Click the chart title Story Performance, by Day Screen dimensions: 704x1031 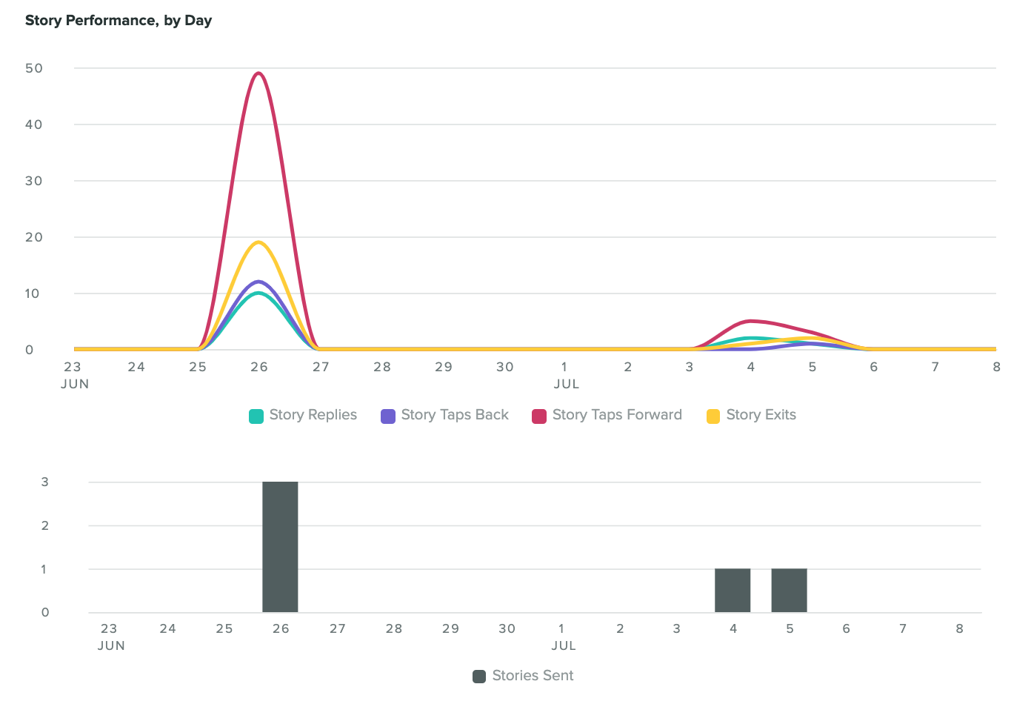click(x=119, y=21)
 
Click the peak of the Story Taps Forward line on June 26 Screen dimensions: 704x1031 click(x=258, y=73)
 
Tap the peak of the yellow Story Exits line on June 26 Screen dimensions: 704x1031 click(x=258, y=242)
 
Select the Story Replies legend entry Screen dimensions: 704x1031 click(x=304, y=415)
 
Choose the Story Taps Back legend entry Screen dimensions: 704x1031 click(x=445, y=415)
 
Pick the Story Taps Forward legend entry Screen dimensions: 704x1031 click(x=607, y=415)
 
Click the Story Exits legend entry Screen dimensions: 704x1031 click(x=752, y=415)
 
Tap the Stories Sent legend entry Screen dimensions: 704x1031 click(x=524, y=676)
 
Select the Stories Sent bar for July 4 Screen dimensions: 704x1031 click(x=733, y=591)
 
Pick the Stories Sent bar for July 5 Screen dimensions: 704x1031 click(x=789, y=591)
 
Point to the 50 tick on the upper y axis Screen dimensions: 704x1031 click(x=34, y=68)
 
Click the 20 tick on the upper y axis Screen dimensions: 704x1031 click(x=34, y=237)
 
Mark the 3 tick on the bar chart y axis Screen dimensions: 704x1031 click(x=45, y=482)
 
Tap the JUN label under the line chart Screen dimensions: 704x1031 click(x=75, y=384)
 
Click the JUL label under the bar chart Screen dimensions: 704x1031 click(x=564, y=645)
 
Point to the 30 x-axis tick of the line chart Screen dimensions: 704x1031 click(x=504, y=367)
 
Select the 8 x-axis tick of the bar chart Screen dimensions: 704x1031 click(x=959, y=628)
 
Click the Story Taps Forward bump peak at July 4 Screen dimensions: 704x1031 click(x=751, y=321)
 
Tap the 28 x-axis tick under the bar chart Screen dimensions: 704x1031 click(x=394, y=628)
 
